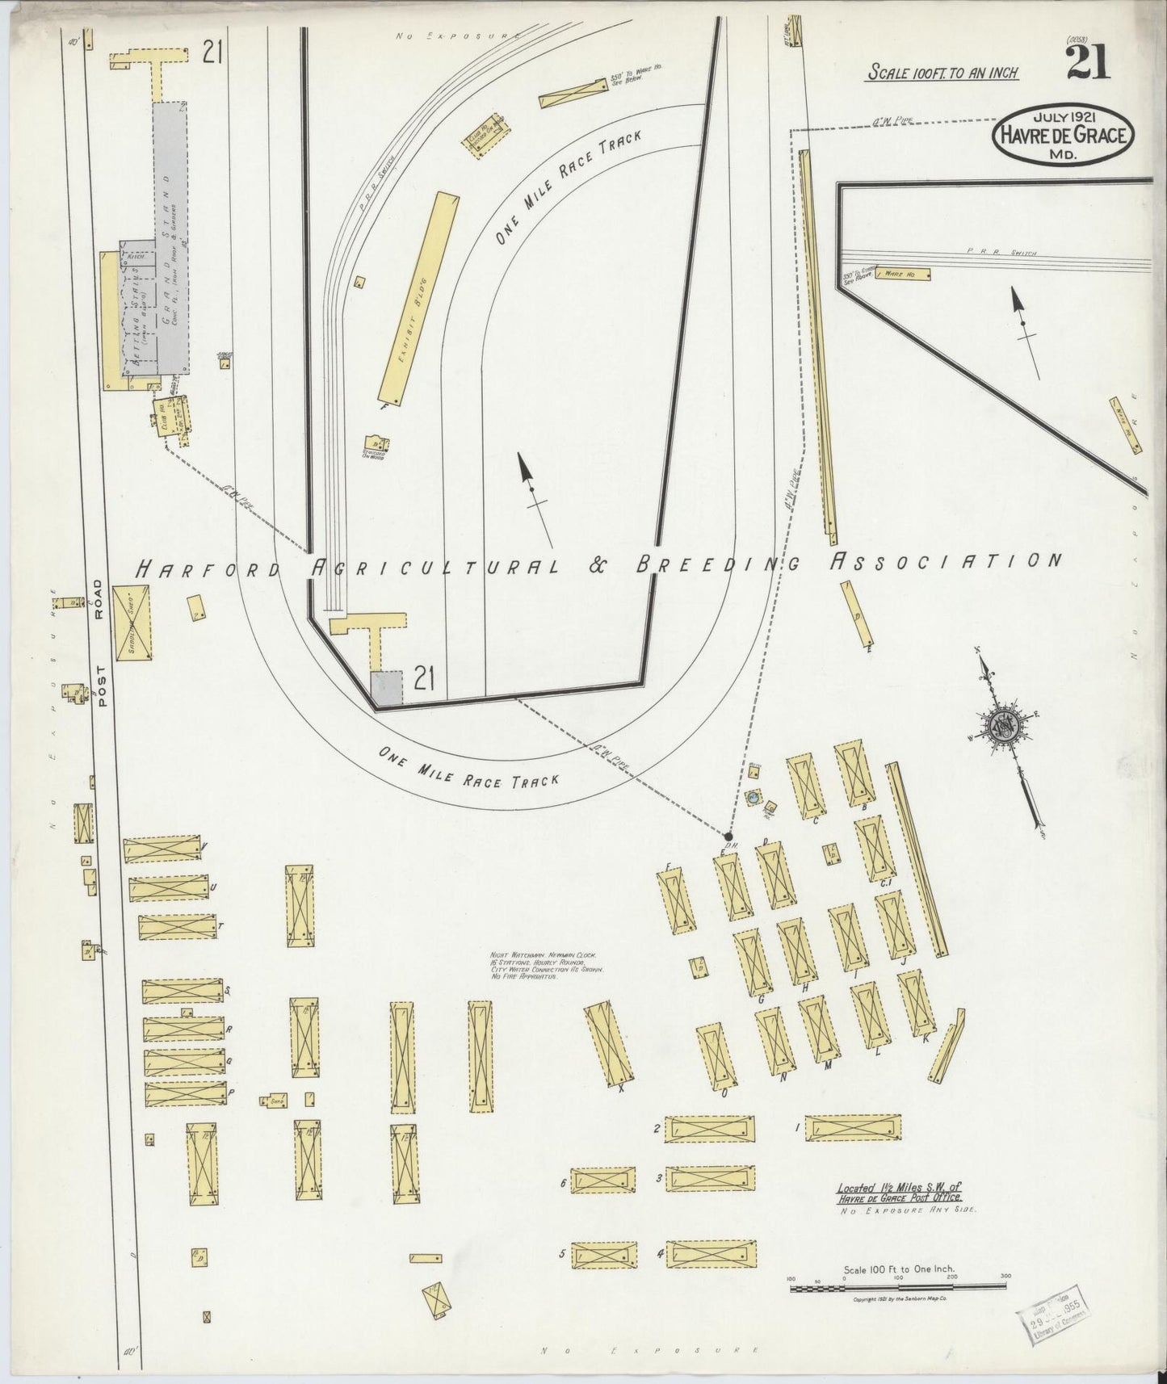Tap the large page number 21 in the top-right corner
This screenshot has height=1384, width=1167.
(1088, 63)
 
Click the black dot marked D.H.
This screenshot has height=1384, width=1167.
(728, 837)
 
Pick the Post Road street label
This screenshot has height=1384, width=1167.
(100, 643)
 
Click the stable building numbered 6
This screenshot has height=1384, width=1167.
(603, 1181)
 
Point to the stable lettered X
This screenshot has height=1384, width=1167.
(610, 1042)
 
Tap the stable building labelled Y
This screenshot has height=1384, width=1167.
(162, 850)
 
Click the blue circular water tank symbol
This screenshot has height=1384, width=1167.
(754, 796)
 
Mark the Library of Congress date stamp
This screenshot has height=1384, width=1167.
(1051, 1323)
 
